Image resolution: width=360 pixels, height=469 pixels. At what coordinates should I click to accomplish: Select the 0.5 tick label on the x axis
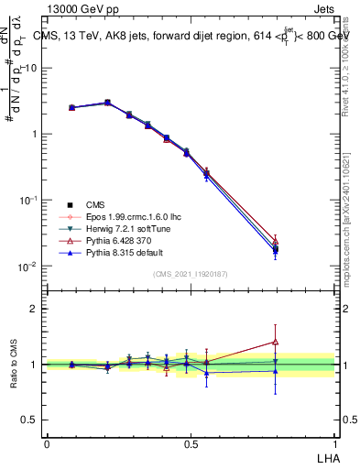pyautogui.click(x=191, y=442)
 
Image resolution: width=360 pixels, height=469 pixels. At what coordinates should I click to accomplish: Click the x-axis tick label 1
pyautogui.click(x=334, y=442)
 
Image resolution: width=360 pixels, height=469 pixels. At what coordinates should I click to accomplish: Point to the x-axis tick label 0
pyautogui.click(x=47, y=442)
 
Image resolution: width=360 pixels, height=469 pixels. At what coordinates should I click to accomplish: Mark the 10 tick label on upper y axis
pyautogui.click(x=31, y=68)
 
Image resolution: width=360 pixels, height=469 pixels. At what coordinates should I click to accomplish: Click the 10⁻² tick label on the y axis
pyautogui.click(x=28, y=267)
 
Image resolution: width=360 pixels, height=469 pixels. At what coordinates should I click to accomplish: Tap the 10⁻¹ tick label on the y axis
pyautogui.click(x=28, y=200)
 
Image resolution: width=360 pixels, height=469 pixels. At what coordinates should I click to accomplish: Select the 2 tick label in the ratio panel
pyautogui.click(x=34, y=309)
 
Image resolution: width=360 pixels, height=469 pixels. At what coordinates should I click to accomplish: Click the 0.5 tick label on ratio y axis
pyautogui.click(x=29, y=419)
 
